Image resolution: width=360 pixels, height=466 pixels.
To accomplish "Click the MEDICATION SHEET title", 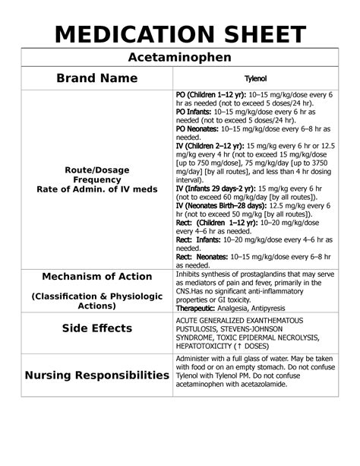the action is pos(179,33).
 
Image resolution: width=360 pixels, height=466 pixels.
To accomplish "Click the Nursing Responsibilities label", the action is pos(97,376).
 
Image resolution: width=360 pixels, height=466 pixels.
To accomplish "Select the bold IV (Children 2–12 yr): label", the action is pos(213,147).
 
